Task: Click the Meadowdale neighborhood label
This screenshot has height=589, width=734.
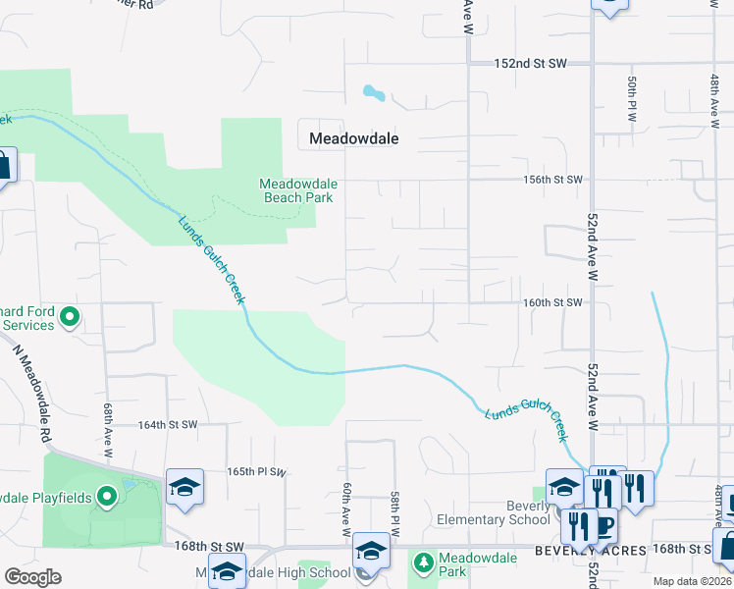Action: point(353,138)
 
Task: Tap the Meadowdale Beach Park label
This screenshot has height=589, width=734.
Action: point(296,190)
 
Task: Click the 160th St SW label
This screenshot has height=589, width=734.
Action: point(552,303)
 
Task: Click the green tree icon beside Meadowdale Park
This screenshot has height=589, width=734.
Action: point(423,563)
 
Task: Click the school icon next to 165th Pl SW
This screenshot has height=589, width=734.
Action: point(184,488)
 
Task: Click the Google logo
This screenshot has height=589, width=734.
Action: point(32,577)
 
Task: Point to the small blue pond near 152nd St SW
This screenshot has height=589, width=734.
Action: point(373,93)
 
